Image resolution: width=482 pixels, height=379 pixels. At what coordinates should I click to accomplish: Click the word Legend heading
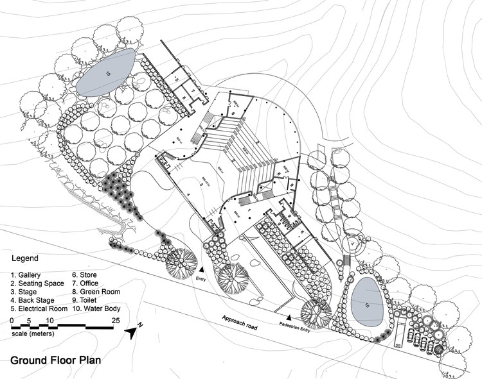click(25, 259)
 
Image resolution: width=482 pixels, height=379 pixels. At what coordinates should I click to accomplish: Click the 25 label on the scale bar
click(117, 319)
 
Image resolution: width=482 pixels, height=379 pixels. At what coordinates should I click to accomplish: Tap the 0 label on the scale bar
click(12, 319)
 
